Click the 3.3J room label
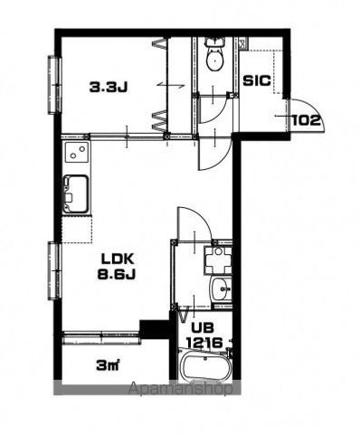click(x=109, y=87)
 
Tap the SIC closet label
click(x=257, y=80)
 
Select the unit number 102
click(x=306, y=120)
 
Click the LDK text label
click(x=118, y=259)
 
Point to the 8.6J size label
click(x=117, y=274)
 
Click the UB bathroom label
click(x=203, y=327)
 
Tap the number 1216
click(x=204, y=343)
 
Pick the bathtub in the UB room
click(x=205, y=365)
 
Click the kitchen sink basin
click(x=76, y=194)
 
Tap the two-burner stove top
click(x=77, y=152)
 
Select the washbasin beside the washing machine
click(x=222, y=289)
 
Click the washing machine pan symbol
click(x=218, y=260)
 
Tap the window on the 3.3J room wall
click(x=55, y=85)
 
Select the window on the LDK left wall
click(x=55, y=270)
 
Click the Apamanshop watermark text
click(x=181, y=389)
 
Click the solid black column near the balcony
click(x=155, y=329)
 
